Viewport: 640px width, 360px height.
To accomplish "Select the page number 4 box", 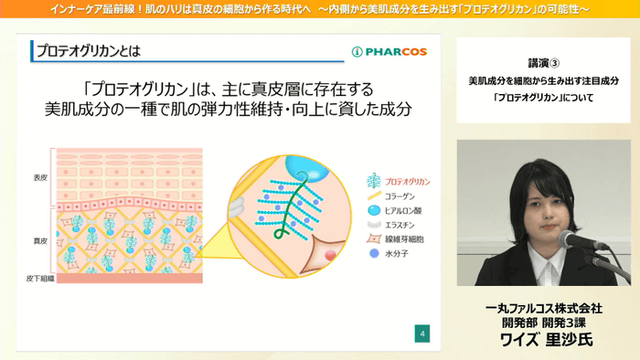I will coord(422,333).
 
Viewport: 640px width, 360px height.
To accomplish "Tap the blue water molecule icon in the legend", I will coord(372,254).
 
